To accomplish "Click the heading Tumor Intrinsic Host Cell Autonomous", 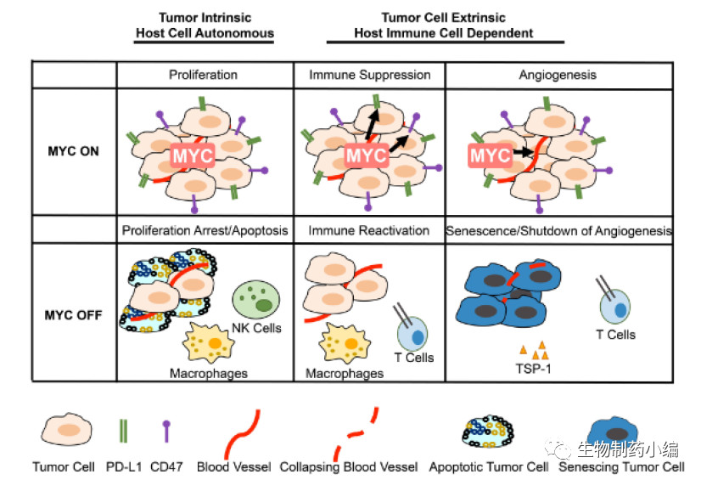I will coord(205,25).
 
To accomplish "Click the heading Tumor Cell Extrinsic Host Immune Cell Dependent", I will coord(444,25).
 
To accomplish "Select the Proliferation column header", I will coord(203,75).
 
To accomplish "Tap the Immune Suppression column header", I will coord(369,75).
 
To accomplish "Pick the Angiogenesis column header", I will coord(558,75).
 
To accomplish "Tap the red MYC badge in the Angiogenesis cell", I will coord(491,156).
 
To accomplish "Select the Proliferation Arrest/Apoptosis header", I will coord(205,230).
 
